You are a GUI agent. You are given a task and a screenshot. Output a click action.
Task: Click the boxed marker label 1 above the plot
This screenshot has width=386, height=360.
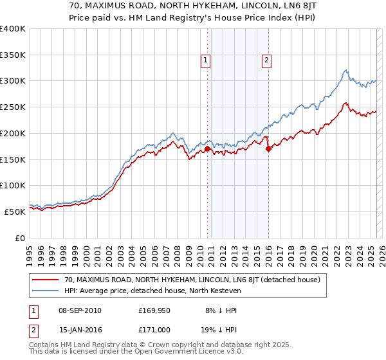pos(205,61)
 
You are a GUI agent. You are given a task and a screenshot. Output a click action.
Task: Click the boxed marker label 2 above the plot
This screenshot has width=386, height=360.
pos(266,61)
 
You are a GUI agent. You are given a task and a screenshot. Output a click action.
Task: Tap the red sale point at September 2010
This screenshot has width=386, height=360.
pos(208,149)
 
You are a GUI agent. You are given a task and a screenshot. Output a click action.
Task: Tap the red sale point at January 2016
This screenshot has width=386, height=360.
pos(268,148)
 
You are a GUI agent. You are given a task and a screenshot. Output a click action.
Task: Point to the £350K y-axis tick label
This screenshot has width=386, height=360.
pos(13,55)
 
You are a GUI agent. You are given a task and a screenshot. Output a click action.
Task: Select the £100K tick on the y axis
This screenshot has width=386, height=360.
pos(13,185)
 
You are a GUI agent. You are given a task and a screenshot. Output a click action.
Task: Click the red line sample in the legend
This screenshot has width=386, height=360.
pos(46,280)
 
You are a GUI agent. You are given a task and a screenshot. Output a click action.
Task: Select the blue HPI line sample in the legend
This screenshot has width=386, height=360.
pos(46,291)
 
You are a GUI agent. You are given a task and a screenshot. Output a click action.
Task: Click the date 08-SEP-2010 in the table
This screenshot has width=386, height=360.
pos(78,310)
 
